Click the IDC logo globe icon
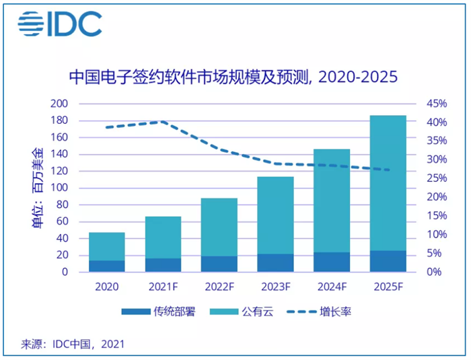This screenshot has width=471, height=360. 30,25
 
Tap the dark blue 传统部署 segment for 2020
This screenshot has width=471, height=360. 107,266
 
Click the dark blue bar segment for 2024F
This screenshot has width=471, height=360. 332,262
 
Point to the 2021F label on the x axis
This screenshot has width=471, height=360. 163,286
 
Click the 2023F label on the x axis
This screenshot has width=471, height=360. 275,286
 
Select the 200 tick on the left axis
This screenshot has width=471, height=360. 60,104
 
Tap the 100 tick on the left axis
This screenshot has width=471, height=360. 60,188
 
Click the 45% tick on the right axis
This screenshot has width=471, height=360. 436,104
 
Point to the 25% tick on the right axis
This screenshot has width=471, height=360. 436,178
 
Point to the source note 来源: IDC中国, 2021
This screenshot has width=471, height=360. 73,344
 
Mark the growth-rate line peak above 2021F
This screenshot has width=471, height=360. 163,122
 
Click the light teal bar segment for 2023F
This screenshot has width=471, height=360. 275,215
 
